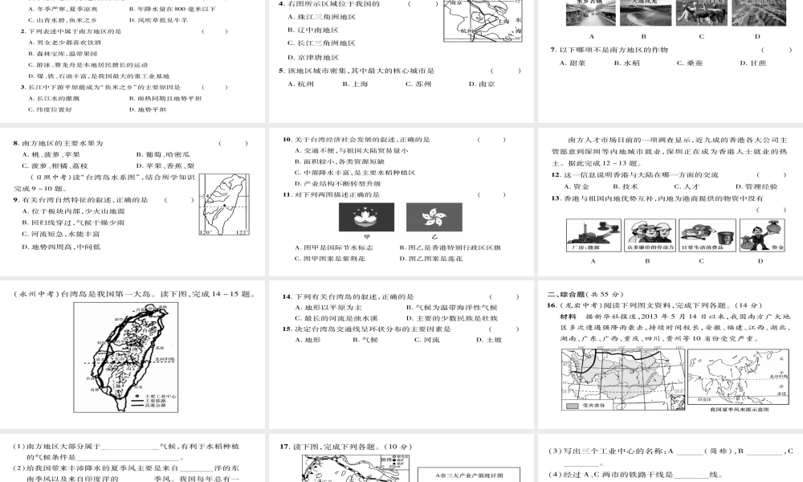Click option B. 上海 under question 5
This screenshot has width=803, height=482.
pyautogui.click(x=354, y=84)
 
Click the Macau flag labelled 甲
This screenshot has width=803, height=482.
pyautogui.click(x=362, y=218)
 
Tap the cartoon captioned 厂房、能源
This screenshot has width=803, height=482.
pyautogui.click(x=592, y=235)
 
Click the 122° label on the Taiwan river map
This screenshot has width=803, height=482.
pyautogui.click(x=242, y=233)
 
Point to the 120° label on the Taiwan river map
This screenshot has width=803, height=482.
pyautogui.click(x=204, y=233)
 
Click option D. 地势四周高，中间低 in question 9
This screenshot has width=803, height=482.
pyautogui.click(x=61, y=247)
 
